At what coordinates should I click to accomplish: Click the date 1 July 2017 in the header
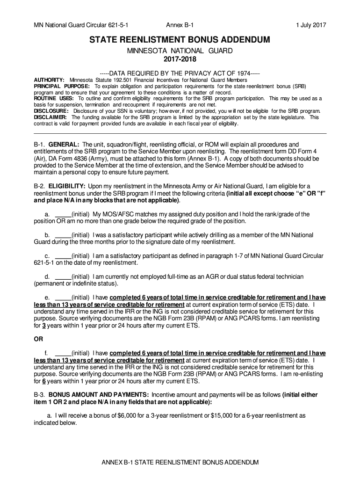click(x=310, y=25)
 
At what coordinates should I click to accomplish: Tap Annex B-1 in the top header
click(x=180, y=25)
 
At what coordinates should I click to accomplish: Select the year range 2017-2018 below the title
click(x=180, y=59)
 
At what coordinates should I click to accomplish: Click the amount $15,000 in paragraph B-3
click(x=223, y=415)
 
